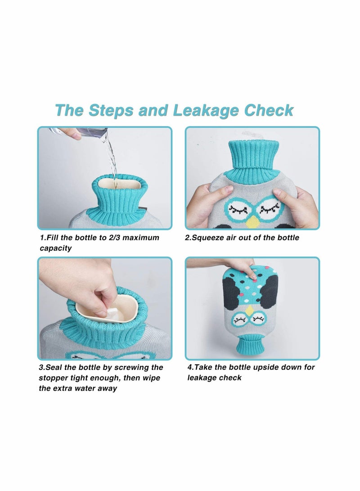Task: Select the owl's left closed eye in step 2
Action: click(x=238, y=208)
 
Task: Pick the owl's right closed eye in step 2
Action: click(x=266, y=208)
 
